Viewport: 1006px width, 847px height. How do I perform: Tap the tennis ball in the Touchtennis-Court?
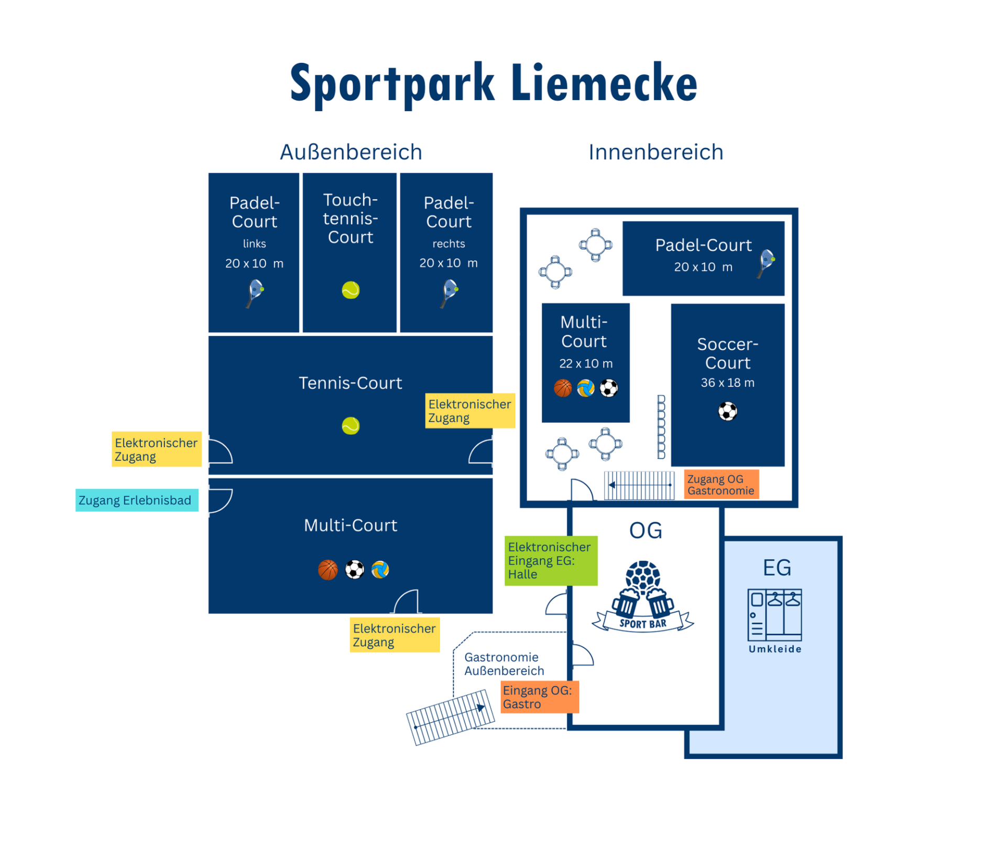click(x=351, y=290)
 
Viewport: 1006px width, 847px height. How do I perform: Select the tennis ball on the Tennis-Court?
click(x=351, y=425)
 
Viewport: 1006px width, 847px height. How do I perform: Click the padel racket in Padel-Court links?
click(x=255, y=293)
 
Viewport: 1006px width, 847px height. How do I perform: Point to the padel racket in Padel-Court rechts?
click(x=449, y=293)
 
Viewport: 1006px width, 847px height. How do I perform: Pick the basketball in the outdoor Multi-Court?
click(x=328, y=570)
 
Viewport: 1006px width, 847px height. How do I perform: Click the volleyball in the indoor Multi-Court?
click(x=585, y=388)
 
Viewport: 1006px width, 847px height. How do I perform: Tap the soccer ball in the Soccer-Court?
click(x=727, y=411)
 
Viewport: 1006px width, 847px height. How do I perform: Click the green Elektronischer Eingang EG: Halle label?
click(x=550, y=561)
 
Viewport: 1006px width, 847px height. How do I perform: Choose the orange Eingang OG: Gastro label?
click(x=539, y=697)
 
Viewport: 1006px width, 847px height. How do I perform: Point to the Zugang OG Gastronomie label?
click(x=721, y=485)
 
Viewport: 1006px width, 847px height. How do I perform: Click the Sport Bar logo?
click(x=643, y=598)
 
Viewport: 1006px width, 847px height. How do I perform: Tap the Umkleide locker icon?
click(x=774, y=615)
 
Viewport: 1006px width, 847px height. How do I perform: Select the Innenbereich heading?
click(x=655, y=152)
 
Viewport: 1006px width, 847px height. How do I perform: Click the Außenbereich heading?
click(x=351, y=152)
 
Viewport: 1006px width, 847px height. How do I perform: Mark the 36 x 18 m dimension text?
click(x=727, y=383)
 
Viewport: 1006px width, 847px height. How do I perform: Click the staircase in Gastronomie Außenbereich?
click(x=450, y=717)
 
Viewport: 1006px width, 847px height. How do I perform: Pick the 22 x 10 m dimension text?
click(x=585, y=363)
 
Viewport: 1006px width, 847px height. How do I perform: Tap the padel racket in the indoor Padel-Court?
click(x=766, y=263)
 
